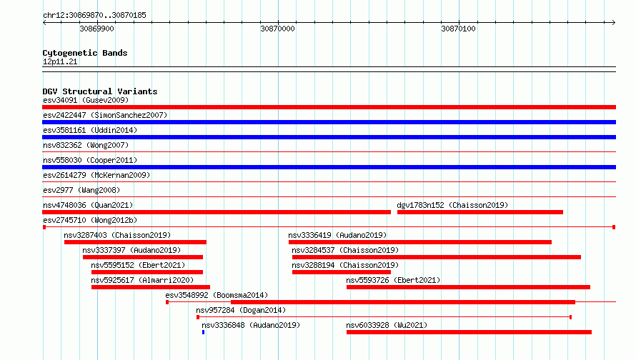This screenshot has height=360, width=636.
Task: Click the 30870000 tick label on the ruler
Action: [277, 29]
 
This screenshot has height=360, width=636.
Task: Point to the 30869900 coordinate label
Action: [96, 29]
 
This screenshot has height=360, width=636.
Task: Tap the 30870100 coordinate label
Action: [458, 29]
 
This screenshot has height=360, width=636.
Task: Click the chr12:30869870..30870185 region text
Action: [94, 15]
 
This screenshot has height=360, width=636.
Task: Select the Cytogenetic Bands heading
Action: [85, 53]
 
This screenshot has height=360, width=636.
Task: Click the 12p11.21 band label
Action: [60, 61]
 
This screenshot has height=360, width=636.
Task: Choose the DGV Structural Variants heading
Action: [100, 91]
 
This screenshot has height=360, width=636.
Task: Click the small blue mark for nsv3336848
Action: [203, 332]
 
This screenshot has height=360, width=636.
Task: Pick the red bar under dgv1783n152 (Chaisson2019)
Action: [480, 212]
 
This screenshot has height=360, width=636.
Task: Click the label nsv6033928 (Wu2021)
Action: [387, 325]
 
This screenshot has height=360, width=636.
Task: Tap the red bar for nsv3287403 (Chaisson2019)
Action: [135, 242]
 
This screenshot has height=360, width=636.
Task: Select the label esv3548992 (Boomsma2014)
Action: [217, 295]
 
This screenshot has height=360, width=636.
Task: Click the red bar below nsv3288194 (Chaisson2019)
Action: [341, 272]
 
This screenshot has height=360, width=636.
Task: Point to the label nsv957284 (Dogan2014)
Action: [241, 310]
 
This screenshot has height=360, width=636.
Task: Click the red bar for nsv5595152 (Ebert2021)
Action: [146, 272]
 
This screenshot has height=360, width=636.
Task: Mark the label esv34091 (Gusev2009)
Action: [86, 100]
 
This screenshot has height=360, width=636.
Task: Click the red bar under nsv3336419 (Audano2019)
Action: [419, 242]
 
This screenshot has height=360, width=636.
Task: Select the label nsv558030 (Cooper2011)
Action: [90, 160]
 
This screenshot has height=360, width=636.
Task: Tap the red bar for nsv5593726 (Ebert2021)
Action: [468, 287]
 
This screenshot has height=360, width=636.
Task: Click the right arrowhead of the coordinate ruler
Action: [614, 23]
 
